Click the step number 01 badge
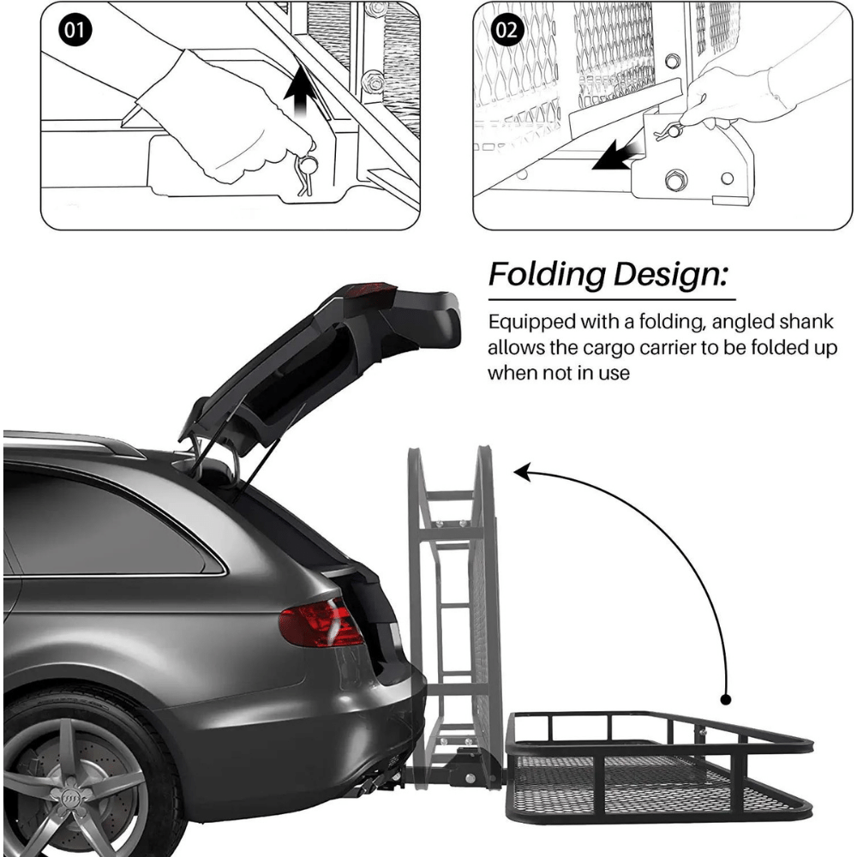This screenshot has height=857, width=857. (x=75, y=29)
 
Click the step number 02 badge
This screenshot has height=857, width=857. (x=507, y=29)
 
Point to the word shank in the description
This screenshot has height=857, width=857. (x=806, y=321)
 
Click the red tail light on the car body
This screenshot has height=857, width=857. (x=321, y=622)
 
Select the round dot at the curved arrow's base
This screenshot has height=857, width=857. (x=726, y=699)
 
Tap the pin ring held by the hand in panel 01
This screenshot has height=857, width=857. (x=308, y=165)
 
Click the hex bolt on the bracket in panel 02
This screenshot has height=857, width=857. (x=675, y=180)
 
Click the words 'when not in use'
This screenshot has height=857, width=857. (x=559, y=374)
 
